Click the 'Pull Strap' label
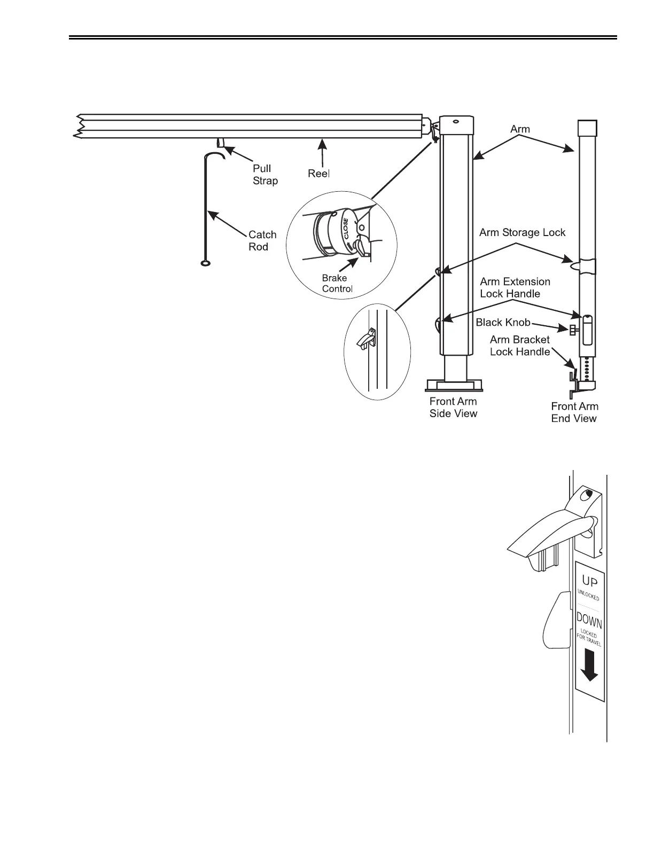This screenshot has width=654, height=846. (265, 175)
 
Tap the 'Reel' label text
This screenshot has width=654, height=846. (318, 174)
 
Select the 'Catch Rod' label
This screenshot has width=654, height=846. (262, 240)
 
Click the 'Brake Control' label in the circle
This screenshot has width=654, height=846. (337, 284)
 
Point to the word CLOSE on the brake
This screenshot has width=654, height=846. (346, 229)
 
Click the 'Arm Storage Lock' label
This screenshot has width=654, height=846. (522, 232)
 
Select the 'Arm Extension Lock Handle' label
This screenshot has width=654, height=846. (515, 287)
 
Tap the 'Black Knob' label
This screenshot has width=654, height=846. (503, 322)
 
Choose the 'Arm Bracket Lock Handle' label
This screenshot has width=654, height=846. (520, 346)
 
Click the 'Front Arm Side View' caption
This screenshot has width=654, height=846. (453, 408)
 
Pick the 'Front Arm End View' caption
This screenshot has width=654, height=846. (574, 412)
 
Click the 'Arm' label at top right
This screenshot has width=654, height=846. (520, 129)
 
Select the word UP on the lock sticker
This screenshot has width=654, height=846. (589, 580)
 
